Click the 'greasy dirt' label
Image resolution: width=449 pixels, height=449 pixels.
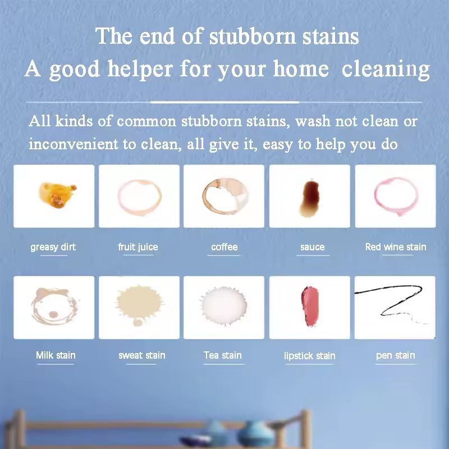53,247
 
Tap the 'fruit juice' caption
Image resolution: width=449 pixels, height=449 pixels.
138,247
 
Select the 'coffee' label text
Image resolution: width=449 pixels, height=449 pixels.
224,247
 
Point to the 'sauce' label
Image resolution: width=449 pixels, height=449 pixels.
313,247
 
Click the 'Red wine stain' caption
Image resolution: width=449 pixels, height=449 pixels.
396,247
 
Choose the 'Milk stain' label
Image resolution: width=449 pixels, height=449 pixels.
56,355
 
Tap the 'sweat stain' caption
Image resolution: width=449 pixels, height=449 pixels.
142,355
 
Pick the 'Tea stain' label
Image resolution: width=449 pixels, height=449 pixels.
223,355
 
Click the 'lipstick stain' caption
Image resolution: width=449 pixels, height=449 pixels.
310,356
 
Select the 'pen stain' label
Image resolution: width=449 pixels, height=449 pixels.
396,355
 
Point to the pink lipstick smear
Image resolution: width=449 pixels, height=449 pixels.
309,302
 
